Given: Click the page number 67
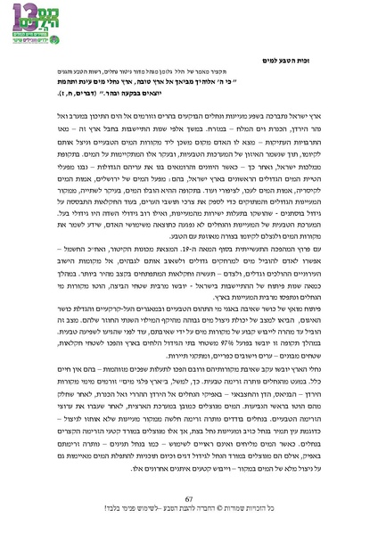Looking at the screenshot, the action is [188, 498].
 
